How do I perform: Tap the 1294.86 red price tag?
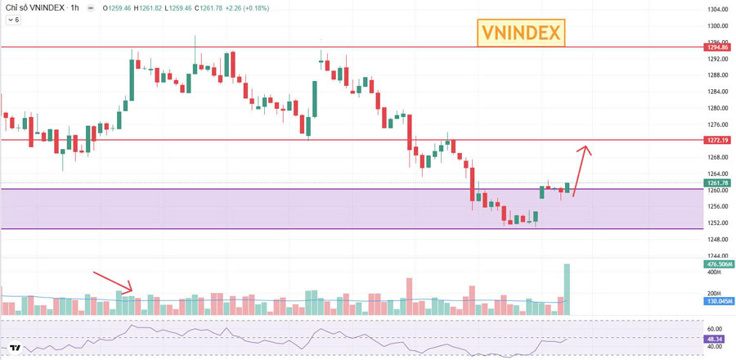tap(717, 47)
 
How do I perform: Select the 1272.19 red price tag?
tap(717, 141)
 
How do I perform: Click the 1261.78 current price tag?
tap(717, 183)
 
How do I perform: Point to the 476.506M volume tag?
tap(717, 264)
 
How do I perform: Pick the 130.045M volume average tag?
tap(717, 302)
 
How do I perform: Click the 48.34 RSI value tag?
tap(715, 338)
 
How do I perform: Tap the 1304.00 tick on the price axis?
tap(717, 10)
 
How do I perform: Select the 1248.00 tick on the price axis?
tap(717, 240)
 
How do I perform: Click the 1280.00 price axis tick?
tap(717, 108)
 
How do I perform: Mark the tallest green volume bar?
tap(566, 290)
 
